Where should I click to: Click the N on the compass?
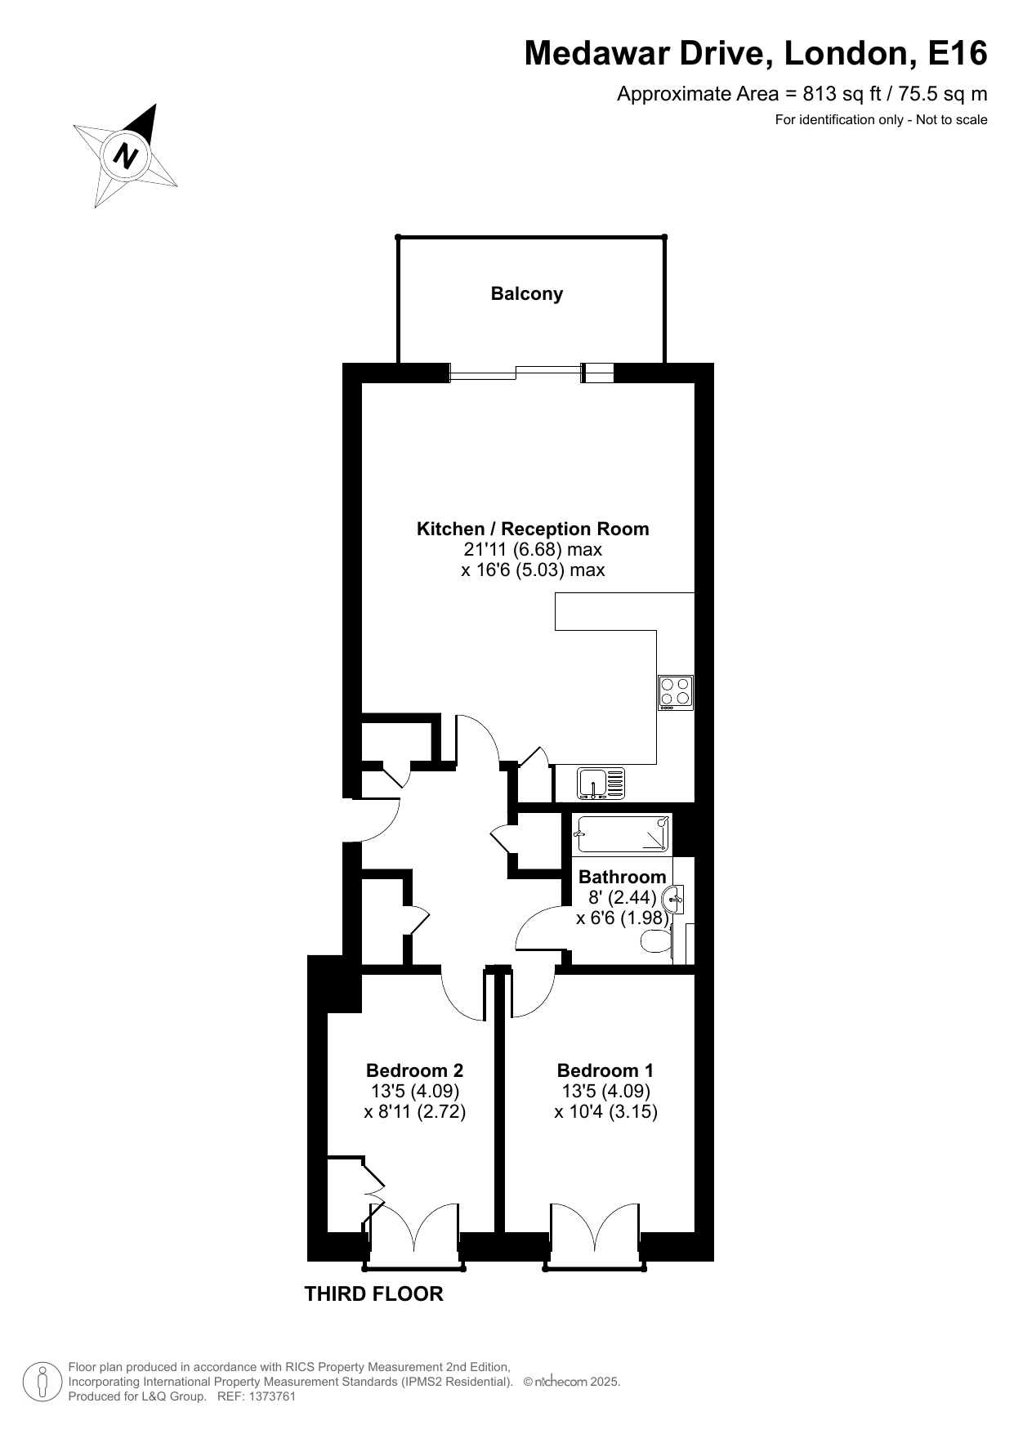point(125,154)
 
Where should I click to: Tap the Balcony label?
point(527,294)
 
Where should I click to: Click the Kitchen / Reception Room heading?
point(533,529)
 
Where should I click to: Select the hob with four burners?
point(676,693)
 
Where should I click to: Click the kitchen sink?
point(601,783)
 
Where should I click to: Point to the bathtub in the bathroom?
point(623,834)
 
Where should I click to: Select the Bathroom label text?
point(623,877)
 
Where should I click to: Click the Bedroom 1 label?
point(605,1070)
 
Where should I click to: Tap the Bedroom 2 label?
point(415,1070)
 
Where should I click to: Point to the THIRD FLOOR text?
point(374,1294)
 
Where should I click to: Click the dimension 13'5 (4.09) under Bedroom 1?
point(605,1091)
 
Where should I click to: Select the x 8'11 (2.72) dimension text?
point(415,1111)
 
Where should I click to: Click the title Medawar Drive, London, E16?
point(756,53)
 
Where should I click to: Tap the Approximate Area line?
point(802,94)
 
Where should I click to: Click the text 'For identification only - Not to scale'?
point(882,120)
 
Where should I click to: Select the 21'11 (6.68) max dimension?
point(533,549)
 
